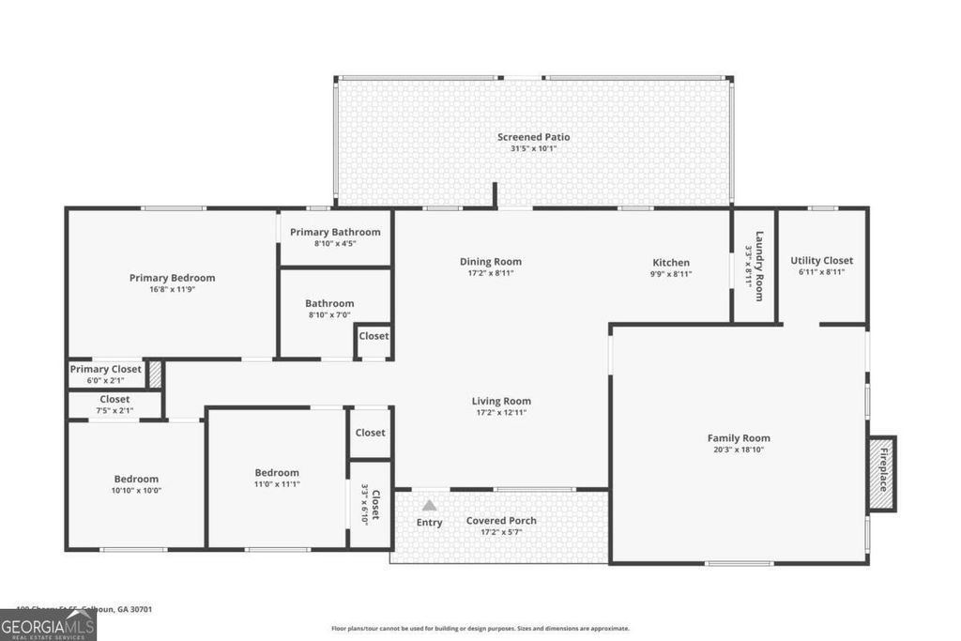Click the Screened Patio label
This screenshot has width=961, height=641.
point(533,137)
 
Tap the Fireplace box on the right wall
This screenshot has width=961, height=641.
point(882,474)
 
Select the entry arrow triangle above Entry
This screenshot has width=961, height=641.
point(429,505)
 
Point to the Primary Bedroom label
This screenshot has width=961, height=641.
point(172,278)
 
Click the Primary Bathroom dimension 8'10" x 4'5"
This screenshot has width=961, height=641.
point(335,244)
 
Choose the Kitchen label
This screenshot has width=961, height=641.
point(671,263)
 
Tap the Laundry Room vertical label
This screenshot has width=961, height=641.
point(755,266)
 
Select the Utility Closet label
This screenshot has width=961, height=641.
point(821,261)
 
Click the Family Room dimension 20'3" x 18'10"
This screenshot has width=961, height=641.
point(738,450)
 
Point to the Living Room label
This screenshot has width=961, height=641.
point(501,402)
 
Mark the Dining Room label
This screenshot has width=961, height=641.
point(490,262)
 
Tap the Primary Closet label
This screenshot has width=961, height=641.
point(105,370)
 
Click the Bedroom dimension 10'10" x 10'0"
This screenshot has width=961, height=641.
point(136,490)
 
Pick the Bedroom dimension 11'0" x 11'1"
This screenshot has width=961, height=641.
point(277,484)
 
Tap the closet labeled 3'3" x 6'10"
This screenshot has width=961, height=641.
point(371,505)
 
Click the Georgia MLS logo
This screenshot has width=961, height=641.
point(48,625)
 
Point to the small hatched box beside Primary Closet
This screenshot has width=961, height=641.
point(155,375)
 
